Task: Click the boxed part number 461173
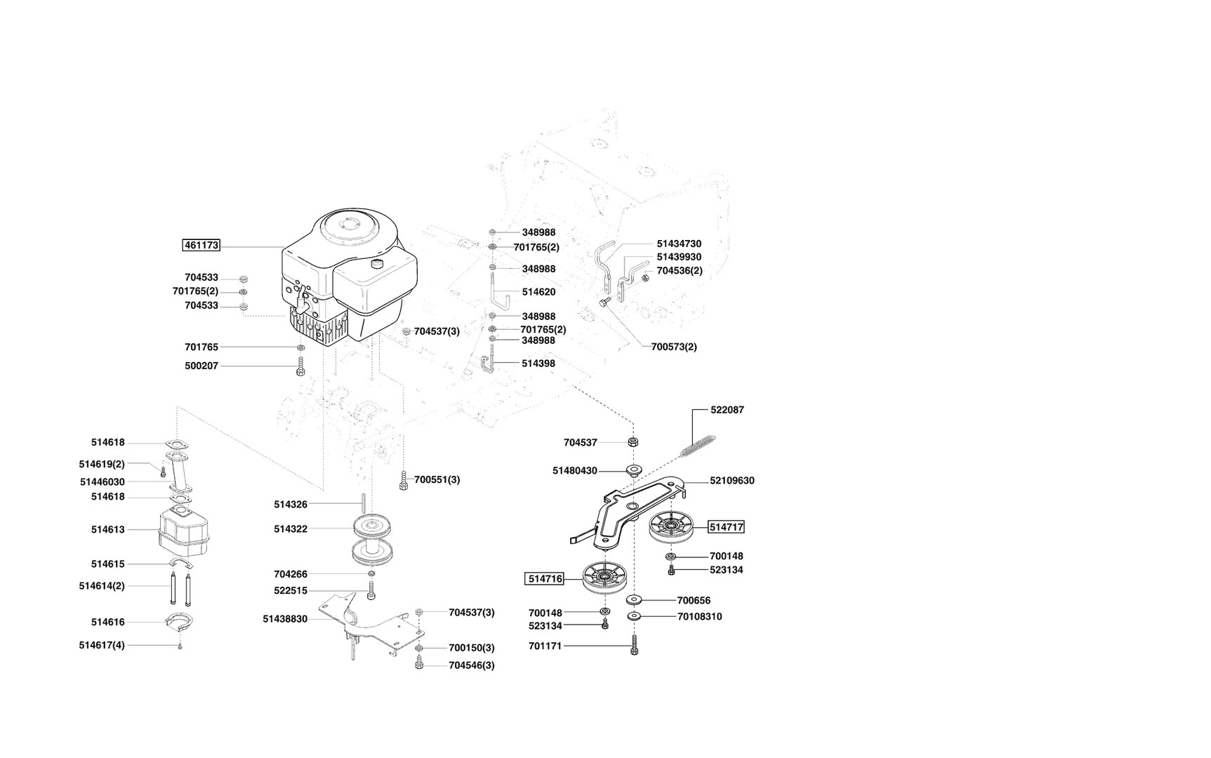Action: (x=201, y=246)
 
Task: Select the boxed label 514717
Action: (x=726, y=527)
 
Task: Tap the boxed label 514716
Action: (x=545, y=579)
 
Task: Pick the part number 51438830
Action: (x=285, y=619)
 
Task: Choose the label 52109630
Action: (x=732, y=481)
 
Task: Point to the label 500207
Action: (x=201, y=366)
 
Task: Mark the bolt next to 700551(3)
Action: (x=403, y=481)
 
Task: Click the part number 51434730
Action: (x=679, y=244)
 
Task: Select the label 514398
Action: (x=538, y=364)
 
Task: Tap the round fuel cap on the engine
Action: (x=379, y=265)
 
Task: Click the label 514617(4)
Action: (x=102, y=645)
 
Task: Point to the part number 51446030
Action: (x=102, y=482)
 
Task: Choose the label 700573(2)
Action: (x=674, y=347)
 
